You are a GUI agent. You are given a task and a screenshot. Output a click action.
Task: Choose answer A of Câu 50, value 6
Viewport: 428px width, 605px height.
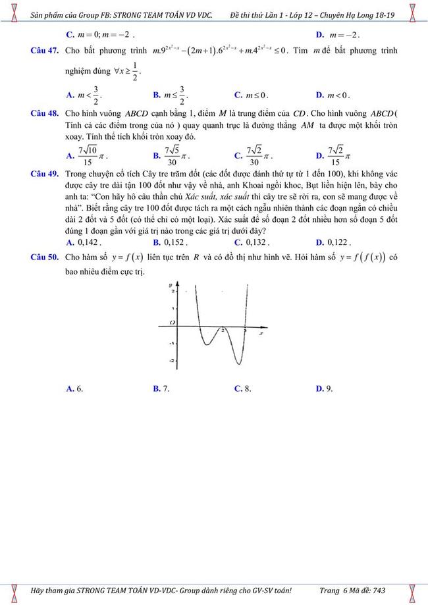coord(74,388)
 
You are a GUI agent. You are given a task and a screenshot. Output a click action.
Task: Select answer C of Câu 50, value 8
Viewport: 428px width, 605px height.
coord(243,388)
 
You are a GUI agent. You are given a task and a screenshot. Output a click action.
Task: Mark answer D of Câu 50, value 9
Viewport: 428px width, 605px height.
coord(324,388)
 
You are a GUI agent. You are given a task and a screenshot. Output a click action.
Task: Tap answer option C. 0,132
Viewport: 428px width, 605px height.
coord(252,242)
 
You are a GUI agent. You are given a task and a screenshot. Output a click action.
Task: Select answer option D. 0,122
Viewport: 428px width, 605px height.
coord(333,242)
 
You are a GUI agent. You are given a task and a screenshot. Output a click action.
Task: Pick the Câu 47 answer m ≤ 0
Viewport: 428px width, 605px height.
coord(252,95)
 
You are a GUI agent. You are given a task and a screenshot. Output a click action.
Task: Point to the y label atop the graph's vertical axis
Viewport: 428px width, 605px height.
coord(171,285)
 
